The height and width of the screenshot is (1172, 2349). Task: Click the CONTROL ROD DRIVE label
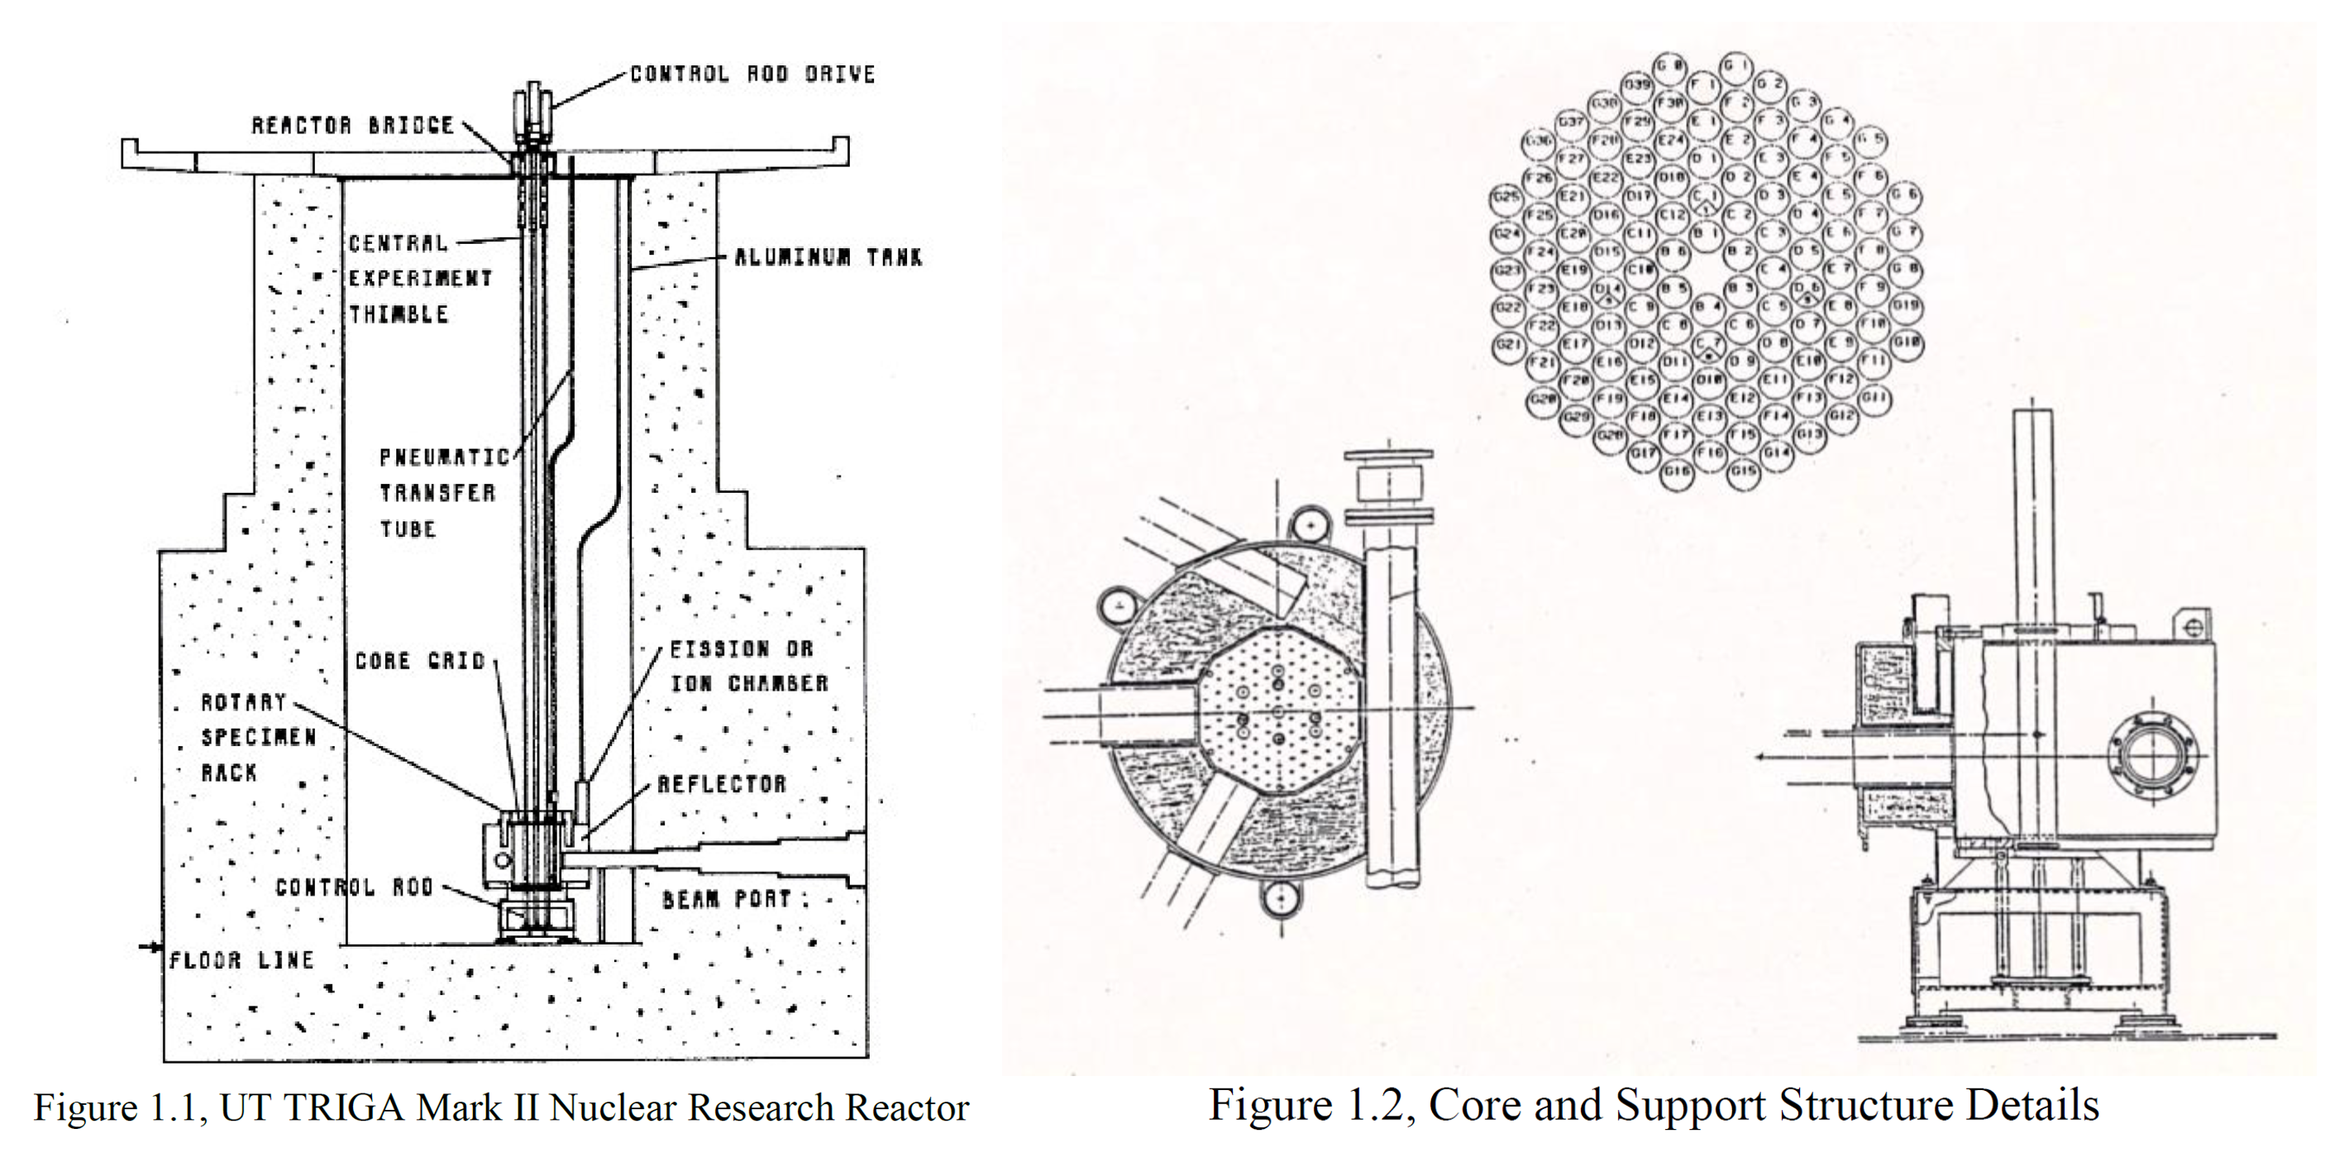pyautogui.click(x=752, y=74)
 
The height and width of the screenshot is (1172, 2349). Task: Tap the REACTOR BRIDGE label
pyautogui.click(x=352, y=125)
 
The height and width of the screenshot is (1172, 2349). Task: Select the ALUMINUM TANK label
pyautogui.click(x=828, y=257)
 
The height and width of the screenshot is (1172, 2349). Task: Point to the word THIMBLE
pyautogui.click(x=399, y=314)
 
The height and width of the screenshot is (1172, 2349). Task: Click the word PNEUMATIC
pyautogui.click(x=444, y=457)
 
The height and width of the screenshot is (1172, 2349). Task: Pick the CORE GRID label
pyautogui.click(x=419, y=660)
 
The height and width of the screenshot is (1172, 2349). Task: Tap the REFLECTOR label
pyautogui.click(x=721, y=783)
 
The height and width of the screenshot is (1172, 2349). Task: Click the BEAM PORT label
pyautogui.click(x=726, y=899)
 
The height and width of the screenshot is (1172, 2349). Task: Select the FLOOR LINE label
pyautogui.click(x=241, y=959)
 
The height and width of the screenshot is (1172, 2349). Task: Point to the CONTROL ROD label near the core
pyautogui.click(x=354, y=887)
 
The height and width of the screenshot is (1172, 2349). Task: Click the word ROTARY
pyautogui.click(x=243, y=702)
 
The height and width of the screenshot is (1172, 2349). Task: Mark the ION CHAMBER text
pyautogui.click(x=750, y=683)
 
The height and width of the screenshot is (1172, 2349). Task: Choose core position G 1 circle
pyautogui.click(x=1736, y=65)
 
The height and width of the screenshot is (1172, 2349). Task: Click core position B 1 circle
pyautogui.click(x=1704, y=232)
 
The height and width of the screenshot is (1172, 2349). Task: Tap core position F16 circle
pyautogui.click(x=1711, y=452)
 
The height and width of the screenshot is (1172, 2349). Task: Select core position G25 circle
pyautogui.click(x=1506, y=196)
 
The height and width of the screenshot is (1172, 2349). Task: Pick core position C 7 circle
pyautogui.click(x=1707, y=345)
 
